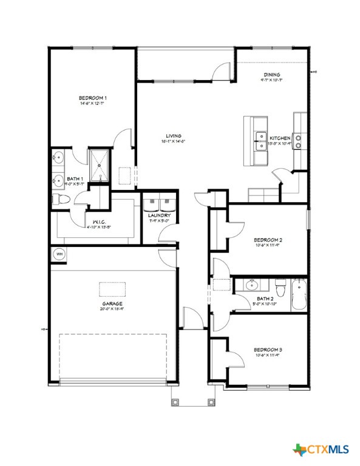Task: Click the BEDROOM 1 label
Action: pyautogui.click(x=93, y=98)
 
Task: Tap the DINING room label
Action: pyautogui.click(x=271, y=75)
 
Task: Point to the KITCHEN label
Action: pyautogui.click(x=280, y=138)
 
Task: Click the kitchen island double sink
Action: pyautogui.click(x=261, y=141)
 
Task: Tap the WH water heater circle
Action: pyautogui.click(x=59, y=254)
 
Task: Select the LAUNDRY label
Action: pyautogui.click(x=159, y=215)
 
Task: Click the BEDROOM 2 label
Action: pyautogui.click(x=268, y=240)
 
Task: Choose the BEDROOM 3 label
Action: pyautogui.click(x=268, y=350)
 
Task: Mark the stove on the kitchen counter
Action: pyautogui.click(x=299, y=141)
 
